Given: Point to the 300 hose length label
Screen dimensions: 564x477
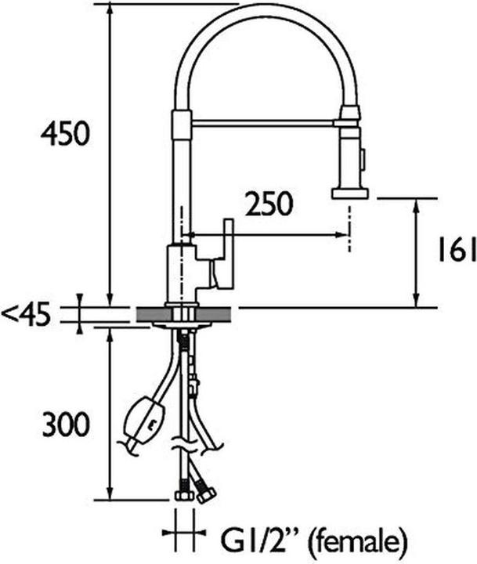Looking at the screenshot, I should coord(65,425).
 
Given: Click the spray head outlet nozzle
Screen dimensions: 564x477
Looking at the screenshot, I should coord(349,192).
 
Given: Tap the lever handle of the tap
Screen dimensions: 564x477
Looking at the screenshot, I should coord(227,254).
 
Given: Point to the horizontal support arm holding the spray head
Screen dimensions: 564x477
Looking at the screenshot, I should coord(262,122).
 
